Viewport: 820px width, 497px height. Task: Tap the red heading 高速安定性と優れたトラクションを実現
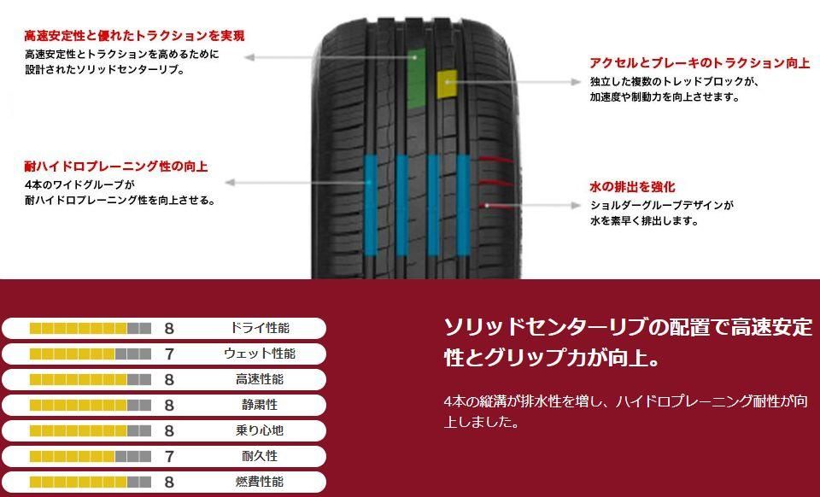click(x=134, y=36)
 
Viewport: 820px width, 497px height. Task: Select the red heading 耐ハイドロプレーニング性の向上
click(x=116, y=166)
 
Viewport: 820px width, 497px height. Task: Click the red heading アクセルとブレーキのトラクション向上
click(x=700, y=63)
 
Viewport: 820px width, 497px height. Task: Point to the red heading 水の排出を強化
click(x=632, y=187)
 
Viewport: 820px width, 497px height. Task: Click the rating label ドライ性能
click(x=260, y=328)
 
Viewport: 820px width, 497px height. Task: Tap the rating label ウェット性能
click(x=260, y=354)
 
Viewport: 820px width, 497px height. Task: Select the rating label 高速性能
click(x=260, y=379)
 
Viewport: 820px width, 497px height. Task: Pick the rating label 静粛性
click(x=260, y=405)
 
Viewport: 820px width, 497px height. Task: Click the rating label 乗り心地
click(x=260, y=430)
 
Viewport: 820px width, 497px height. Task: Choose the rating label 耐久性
click(x=260, y=456)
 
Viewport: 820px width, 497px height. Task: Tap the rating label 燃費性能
click(x=260, y=482)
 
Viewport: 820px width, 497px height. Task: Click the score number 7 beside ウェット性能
click(x=169, y=354)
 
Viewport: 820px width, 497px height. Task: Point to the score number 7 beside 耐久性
click(x=169, y=456)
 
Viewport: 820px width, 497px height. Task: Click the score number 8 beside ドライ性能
click(x=169, y=328)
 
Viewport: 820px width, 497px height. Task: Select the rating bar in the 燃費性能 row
click(x=90, y=482)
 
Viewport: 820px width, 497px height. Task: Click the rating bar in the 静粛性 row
click(x=90, y=405)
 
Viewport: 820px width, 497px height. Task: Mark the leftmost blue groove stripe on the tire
click(x=370, y=205)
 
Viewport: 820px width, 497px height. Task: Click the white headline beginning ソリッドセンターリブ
click(x=627, y=342)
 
